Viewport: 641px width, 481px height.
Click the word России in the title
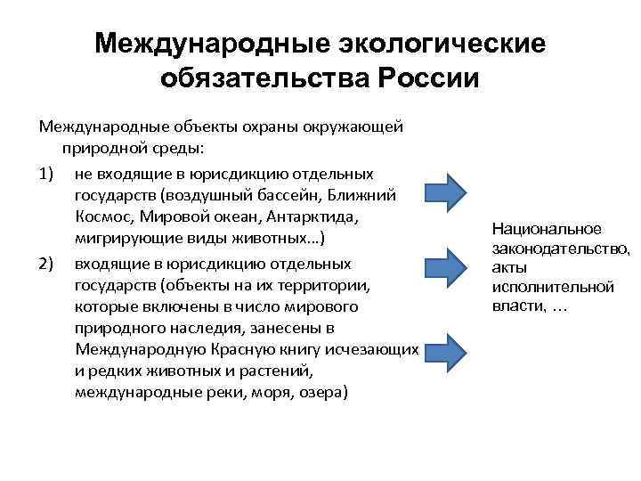pos(428,77)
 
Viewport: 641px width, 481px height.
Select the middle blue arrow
pos(443,265)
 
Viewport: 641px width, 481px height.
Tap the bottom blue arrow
pos(443,351)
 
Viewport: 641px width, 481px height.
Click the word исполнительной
pos(552,287)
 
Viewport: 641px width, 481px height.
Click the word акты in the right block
pos(508,268)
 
